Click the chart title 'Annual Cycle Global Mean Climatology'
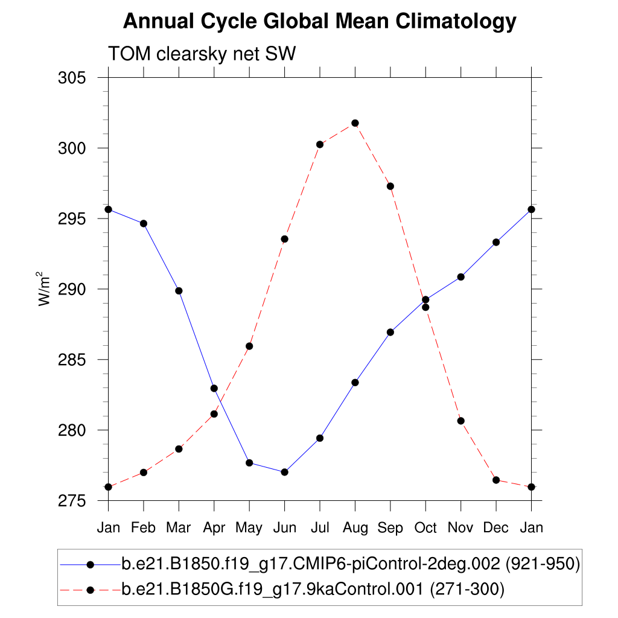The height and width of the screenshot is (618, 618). (x=320, y=22)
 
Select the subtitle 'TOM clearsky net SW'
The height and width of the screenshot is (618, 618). (x=202, y=54)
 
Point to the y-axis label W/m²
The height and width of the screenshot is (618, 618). (x=45, y=289)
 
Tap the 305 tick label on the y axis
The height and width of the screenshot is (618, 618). (x=72, y=78)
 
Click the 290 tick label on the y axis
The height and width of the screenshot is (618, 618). (x=72, y=289)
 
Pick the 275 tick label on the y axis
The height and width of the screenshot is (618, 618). (x=72, y=501)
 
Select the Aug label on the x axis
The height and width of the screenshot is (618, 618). (x=355, y=527)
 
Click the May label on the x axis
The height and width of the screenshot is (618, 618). (x=249, y=528)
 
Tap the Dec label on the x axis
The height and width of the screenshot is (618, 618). (x=496, y=527)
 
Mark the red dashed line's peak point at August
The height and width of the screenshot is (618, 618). (x=355, y=123)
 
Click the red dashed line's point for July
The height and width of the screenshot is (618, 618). (x=320, y=144)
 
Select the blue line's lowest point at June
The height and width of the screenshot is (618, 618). (x=284, y=472)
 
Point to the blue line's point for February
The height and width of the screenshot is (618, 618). (x=144, y=223)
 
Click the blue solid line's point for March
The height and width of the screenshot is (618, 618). (x=179, y=291)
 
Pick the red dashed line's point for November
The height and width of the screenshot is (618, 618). (x=461, y=421)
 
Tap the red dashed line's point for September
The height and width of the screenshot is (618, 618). (x=390, y=186)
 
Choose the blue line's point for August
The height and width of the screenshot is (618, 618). (x=355, y=383)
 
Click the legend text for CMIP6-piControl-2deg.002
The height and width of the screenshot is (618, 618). (x=351, y=564)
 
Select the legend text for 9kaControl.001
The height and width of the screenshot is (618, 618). (x=313, y=588)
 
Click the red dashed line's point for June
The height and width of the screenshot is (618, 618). (x=284, y=239)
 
